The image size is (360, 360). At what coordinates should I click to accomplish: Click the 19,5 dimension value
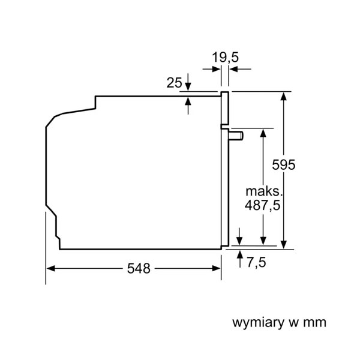click(x=225, y=57)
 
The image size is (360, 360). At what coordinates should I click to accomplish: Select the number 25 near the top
click(x=174, y=83)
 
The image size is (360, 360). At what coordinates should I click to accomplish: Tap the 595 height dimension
click(x=284, y=164)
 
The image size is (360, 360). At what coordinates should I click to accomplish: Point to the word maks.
click(x=263, y=191)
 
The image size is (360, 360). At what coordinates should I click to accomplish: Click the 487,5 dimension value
click(x=263, y=205)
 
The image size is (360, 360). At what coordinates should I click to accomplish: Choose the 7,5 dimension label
click(x=256, y=262)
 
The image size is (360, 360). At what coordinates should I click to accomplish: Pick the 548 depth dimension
click(x=139, y=268)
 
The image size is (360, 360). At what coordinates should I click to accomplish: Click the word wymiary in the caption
click(x=258, y=323)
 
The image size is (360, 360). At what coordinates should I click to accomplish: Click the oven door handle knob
click(x=236, y=136)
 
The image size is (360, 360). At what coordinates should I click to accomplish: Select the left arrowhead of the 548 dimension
click(x=50, y=268)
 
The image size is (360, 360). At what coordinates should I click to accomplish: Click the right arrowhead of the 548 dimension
click(x=216, y=268)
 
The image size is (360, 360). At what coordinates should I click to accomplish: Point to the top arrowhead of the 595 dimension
click(x=284, y=96)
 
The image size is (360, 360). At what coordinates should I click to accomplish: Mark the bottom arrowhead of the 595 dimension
click(x=284, y=245)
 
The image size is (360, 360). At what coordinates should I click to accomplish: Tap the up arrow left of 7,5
click(x=240, y=259)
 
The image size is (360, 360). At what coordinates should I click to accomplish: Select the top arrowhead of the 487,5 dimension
click(x=263, y=133)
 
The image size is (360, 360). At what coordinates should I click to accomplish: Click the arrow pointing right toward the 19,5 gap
click(x=211, y=69)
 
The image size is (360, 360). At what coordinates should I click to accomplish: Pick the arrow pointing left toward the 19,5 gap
click(x=241, y=69)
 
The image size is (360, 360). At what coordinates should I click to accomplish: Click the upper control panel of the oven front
click(x=225, y=108)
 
